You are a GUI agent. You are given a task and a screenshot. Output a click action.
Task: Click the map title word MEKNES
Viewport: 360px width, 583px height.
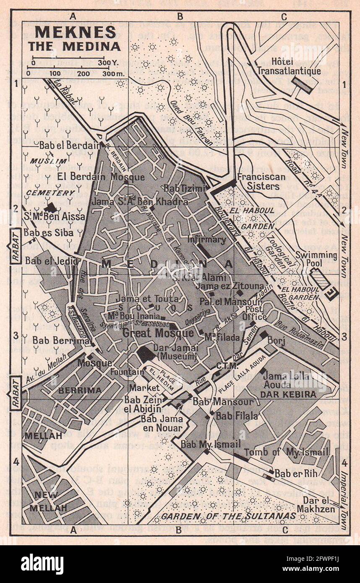(75, 32)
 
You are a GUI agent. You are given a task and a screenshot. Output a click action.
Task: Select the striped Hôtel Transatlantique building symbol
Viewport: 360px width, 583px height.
(302, 84)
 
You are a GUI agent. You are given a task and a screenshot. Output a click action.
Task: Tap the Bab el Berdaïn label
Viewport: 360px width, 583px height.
(70, 146)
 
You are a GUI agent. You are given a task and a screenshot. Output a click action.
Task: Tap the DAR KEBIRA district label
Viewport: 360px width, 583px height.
(288, 394)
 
